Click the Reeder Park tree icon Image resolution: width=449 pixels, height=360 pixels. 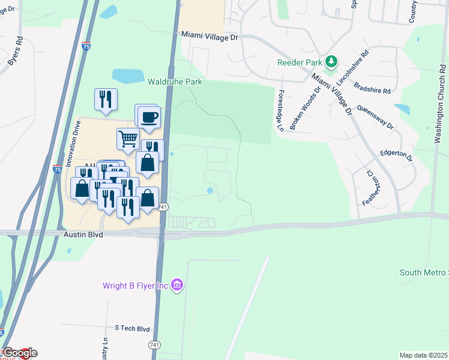tap(330, 62)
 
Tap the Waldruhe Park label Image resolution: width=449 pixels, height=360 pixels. tap(175, 81)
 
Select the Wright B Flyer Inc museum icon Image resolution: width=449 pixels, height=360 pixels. tap(176, 284)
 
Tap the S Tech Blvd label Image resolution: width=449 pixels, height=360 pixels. tap(132, 328)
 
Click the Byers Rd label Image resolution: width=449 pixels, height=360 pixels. tap(16, 52)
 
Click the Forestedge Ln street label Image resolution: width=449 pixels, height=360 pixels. tap(280, 111)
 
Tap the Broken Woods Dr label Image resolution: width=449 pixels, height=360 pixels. tap(305, 107)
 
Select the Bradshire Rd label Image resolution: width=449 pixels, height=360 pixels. tap(372, 88)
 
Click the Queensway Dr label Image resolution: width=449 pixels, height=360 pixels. tap(375, 117)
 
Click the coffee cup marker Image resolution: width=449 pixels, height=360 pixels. tap(149, 116)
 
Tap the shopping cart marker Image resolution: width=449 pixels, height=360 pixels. tap(128, 139)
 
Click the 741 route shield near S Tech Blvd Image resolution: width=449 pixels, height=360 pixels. tap(154, 345)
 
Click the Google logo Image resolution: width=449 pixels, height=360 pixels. tap(19, 353)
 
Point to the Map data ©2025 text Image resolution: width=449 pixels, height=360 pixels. tap(423, 355)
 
